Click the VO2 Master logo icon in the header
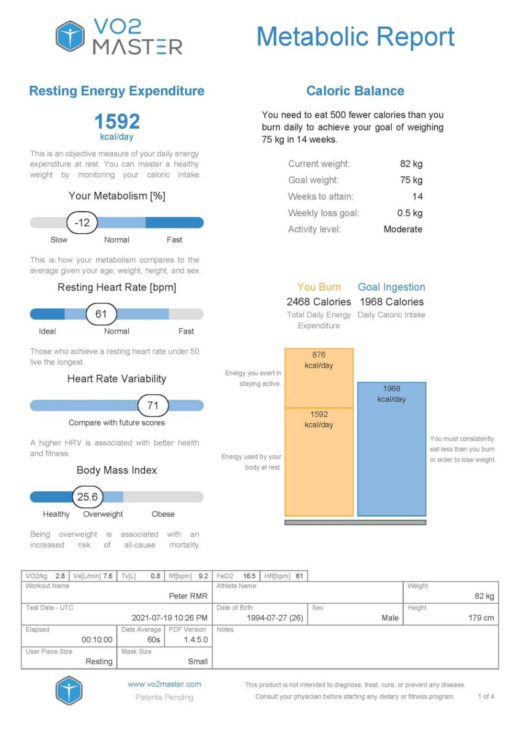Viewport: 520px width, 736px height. [70, 36]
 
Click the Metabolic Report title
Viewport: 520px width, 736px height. [355, 37]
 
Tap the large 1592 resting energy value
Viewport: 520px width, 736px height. [117, 121]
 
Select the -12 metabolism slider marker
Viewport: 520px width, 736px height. [82, 222]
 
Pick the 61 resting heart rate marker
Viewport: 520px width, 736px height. [101, 314]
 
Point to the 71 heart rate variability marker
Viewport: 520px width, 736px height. [153, 405]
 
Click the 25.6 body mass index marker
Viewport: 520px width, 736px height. [87, 497]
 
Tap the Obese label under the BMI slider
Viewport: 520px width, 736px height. [163, 514]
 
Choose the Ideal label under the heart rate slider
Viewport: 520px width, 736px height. [47, 331]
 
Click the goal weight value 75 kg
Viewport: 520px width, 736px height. [411, 180]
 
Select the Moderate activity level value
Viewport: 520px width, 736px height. [403, 229]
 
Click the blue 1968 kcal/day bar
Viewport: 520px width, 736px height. [391, 448]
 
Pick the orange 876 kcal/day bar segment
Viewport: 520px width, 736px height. [319, 378]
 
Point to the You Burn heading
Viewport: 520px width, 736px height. [319, 287]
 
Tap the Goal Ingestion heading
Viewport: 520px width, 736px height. [391, 287]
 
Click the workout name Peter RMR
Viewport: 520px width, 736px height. [188, 596]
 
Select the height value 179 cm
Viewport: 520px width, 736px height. [481, 618]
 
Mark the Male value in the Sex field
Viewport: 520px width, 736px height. [390, 618]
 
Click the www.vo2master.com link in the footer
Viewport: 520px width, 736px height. [164, 684]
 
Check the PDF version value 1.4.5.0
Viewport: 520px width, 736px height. [195, 640]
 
